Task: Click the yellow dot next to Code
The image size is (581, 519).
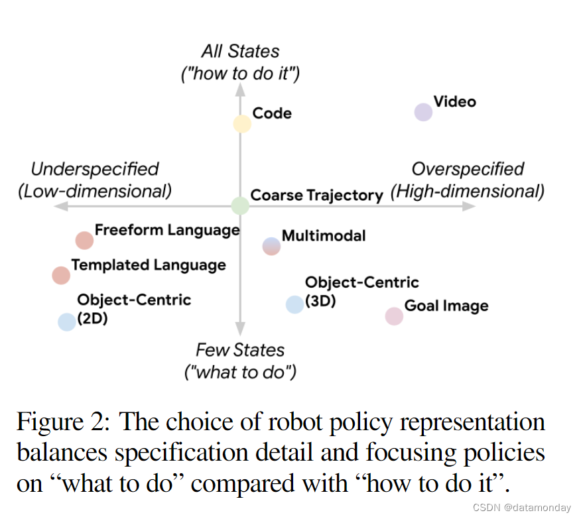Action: point(242,123)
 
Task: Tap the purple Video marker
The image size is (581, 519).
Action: point(423,112)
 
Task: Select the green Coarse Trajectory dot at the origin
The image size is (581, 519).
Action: point(240,205)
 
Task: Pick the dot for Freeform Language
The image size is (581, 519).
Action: point(84,240)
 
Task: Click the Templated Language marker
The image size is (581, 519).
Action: point(61,275)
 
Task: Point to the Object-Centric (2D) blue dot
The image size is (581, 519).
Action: point(67,321)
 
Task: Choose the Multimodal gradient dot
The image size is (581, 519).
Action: point(272,246)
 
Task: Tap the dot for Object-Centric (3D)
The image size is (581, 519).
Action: point(294,304)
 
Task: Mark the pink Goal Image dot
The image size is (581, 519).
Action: point(394,316)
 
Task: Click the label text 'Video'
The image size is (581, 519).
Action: point(455,101)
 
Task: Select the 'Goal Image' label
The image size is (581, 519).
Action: point(446,306)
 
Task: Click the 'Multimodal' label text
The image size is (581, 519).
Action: point(324,235)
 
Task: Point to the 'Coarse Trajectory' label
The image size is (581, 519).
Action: point(317,196)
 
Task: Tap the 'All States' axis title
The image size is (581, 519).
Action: point(240,51)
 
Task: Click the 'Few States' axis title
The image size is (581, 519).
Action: point(240,350)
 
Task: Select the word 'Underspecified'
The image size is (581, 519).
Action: point(95,169)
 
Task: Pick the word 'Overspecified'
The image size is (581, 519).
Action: point(468,169)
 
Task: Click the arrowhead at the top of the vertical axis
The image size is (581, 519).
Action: point(241,90)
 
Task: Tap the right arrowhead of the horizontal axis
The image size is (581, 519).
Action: point(470,205)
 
